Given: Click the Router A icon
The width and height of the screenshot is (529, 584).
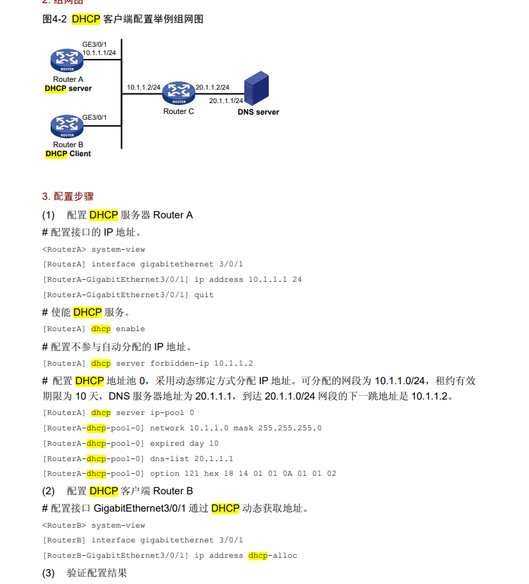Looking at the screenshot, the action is coord(67,60).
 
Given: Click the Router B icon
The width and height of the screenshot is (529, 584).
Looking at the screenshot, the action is coord(67,126).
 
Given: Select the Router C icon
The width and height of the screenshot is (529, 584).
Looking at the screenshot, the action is coord(179,93).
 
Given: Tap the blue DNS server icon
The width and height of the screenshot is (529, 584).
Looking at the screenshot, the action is coord(256,88).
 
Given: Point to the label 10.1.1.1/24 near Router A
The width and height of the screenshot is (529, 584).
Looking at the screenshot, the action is coord(99,53).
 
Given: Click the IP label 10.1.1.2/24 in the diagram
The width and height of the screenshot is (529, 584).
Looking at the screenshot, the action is coord(144,88).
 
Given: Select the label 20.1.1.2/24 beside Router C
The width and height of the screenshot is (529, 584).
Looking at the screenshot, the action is coord(213,88).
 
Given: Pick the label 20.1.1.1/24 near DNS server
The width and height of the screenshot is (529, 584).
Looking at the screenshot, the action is coord(226,101).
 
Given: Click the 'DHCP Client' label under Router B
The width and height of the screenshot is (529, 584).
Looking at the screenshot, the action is coord(68,154).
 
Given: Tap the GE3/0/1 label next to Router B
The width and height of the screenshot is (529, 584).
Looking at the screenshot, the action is coord(94,118).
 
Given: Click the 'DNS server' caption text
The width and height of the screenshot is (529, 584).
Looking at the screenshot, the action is coord(258,112).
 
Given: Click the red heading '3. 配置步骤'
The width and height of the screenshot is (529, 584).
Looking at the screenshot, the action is coord(68,197).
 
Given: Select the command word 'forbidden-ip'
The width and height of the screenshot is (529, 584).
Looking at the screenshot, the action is coord(180,364).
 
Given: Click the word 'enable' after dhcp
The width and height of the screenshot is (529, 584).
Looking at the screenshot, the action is coord(130,329).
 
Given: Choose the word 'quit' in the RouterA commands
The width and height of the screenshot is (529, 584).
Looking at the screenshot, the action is coord(204,295).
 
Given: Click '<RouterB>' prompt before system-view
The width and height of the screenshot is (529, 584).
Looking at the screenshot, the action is coord(64,526).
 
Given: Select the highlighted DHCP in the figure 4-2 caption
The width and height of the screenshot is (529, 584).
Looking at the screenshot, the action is coord(86,19).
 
